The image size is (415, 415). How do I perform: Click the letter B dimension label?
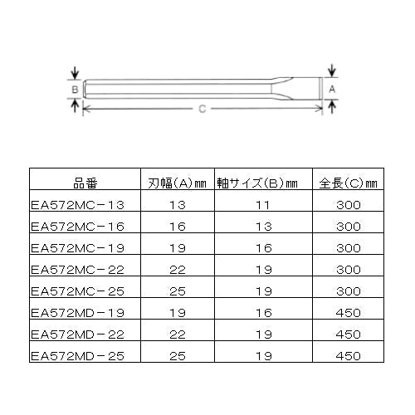coord(75,90)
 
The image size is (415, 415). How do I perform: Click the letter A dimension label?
coord(332,89)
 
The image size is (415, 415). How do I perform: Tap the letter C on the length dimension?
coord(203,109)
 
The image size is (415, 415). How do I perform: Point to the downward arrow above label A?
coord(332,71)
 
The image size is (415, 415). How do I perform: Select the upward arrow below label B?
coord(75,105)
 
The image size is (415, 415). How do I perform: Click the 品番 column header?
coord(85,183)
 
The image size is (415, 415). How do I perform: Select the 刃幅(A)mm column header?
coord(177,183)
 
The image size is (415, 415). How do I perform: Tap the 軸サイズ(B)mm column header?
coord(257,183)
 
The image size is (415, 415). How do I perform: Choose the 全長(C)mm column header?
coord(348,183)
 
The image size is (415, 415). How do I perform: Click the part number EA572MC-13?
coord(77,205)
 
